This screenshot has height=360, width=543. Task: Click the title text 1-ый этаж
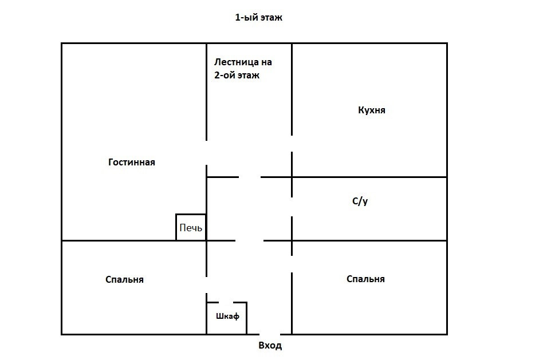coord(259,18)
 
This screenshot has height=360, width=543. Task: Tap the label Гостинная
coord(132,163)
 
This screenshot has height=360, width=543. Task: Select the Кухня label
coord(371,110)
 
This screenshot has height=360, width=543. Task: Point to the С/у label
coord(359,201)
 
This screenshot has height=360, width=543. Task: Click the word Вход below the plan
coord(270,346)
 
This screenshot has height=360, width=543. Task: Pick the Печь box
coord(191,227)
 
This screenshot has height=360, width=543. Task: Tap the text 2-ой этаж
coord(237,75)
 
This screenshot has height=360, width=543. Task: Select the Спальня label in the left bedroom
coord(125,280)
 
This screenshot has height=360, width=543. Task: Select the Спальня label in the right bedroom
coord(365,279)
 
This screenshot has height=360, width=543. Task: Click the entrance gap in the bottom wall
coord(270,334)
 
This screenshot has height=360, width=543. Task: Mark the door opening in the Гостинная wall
coord(207,153)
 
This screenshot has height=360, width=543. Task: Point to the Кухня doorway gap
coord(292,144)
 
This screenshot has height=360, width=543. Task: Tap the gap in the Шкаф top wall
coord(226,302)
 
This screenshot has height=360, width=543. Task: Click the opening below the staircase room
coord(250,177)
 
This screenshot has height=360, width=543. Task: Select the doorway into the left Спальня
coord(207,285)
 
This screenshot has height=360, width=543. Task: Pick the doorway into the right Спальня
coord(292,264)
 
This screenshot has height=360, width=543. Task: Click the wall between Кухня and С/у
coord(369,177)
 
